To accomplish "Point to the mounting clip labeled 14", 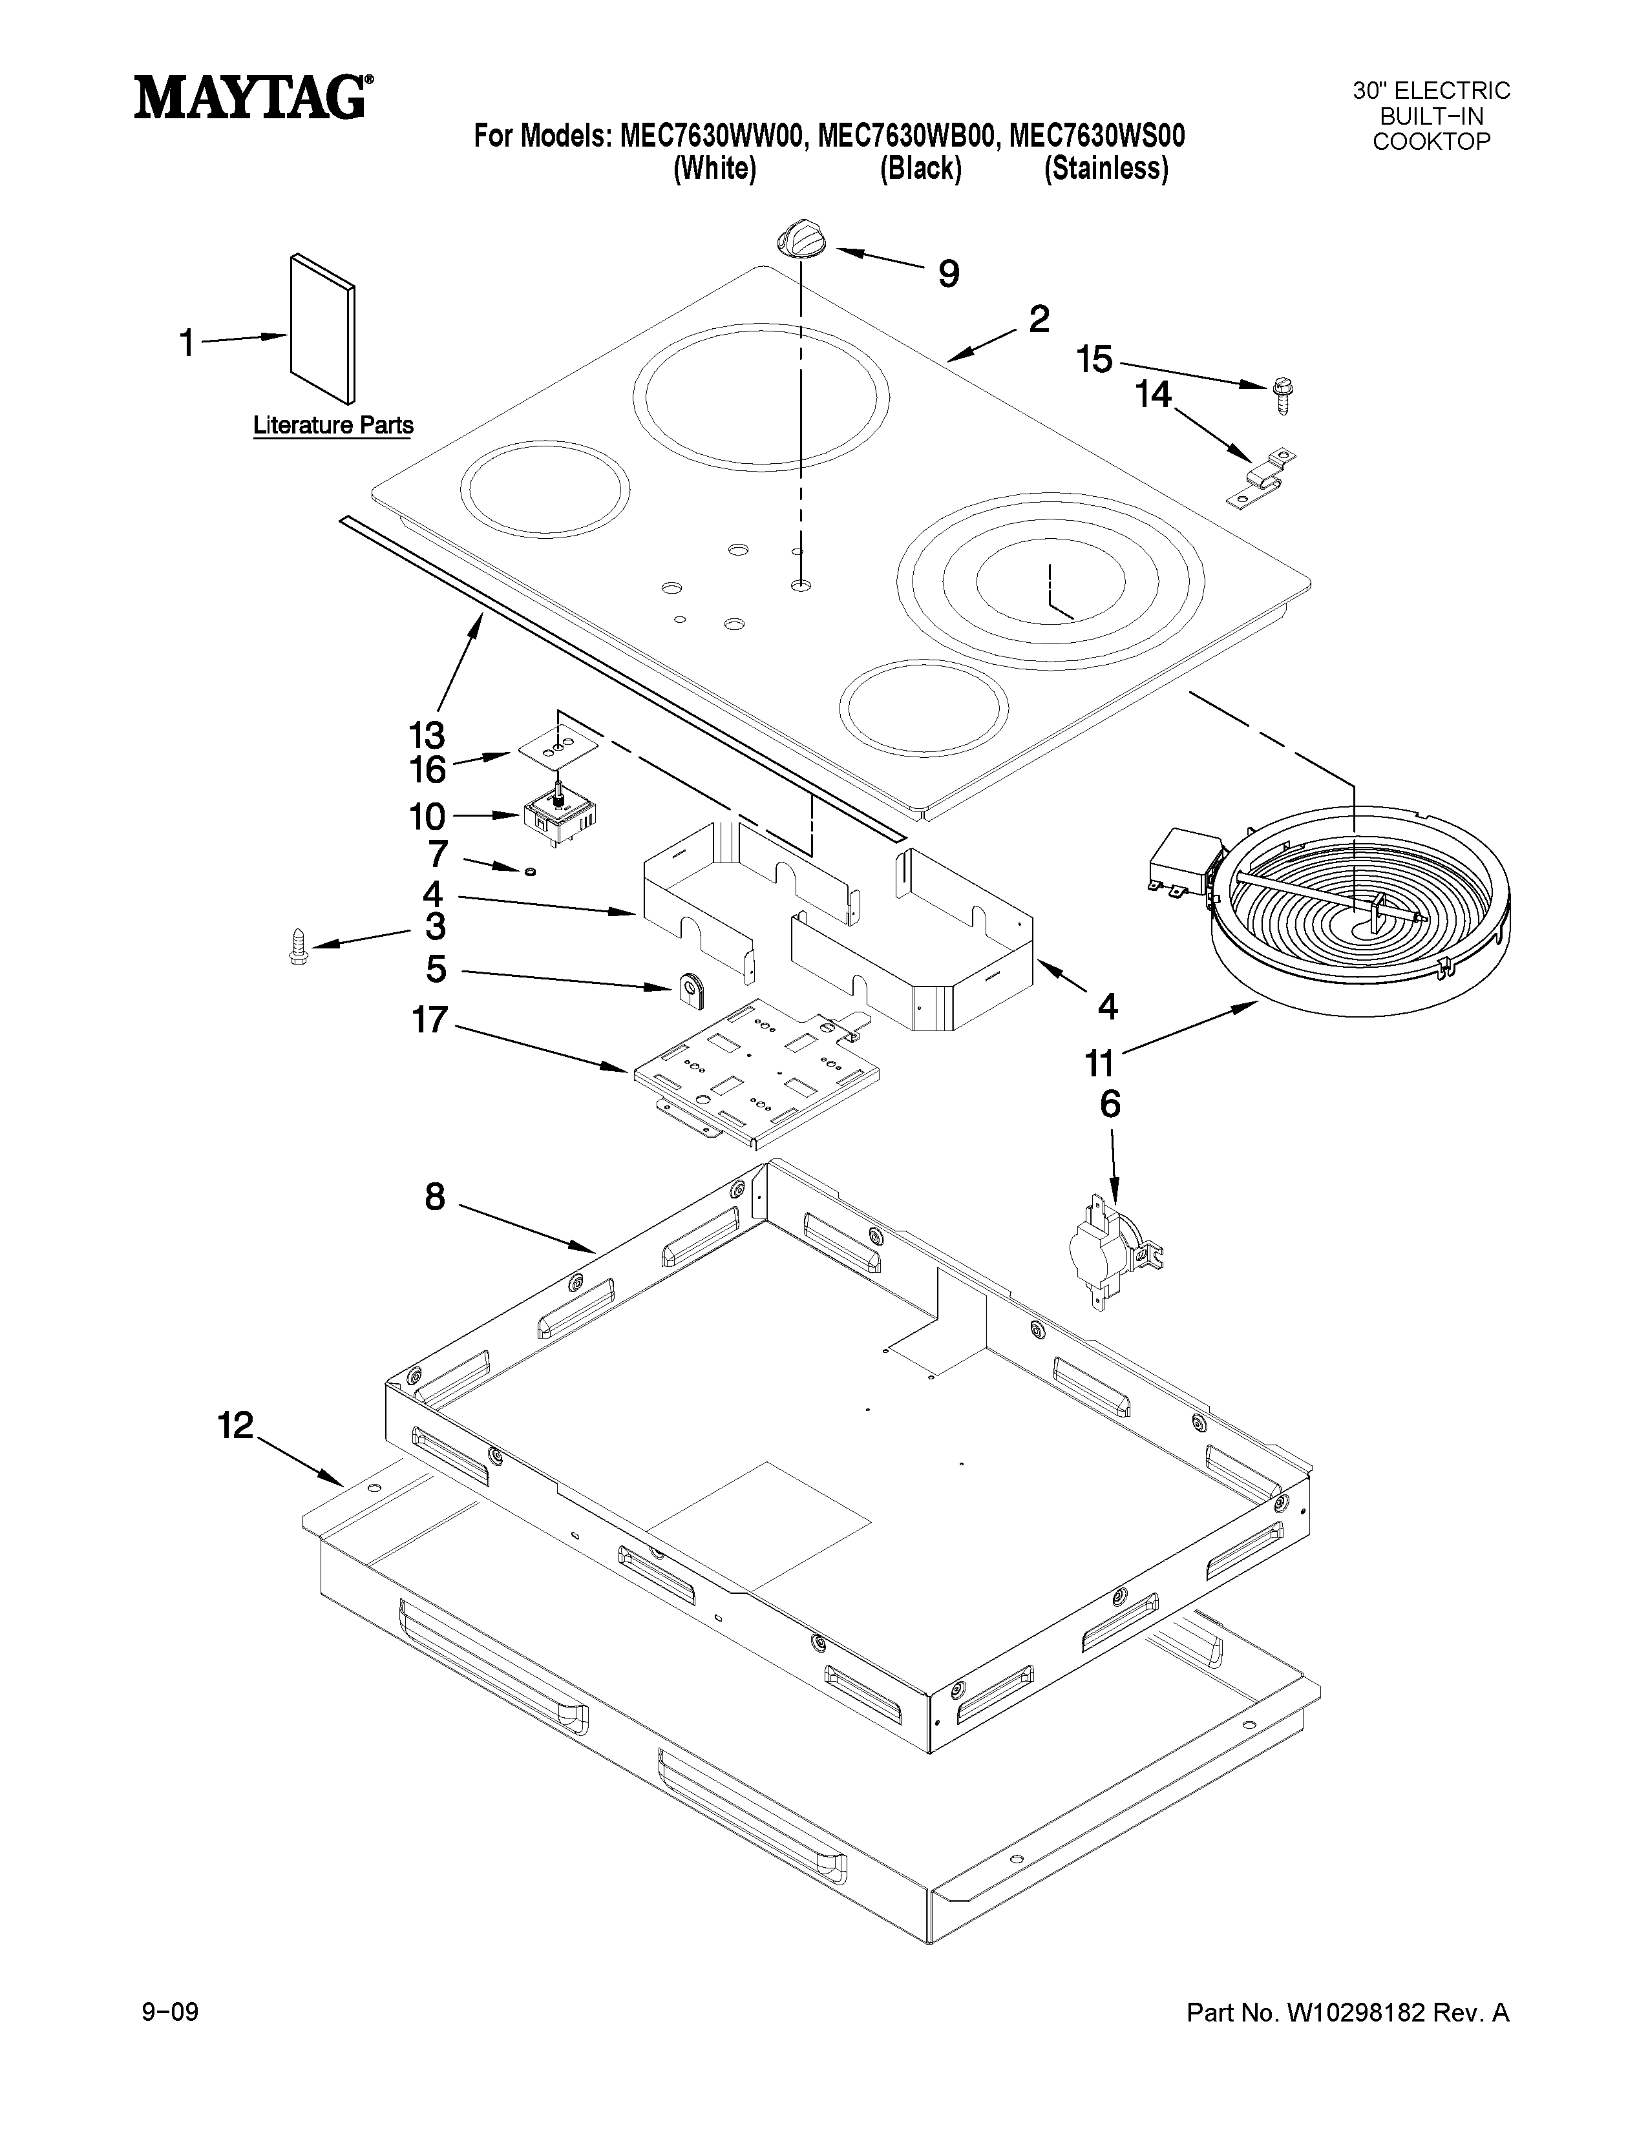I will coord(1260,478).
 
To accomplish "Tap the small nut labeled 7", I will coord(529,870).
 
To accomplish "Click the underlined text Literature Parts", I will coord(333,426).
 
